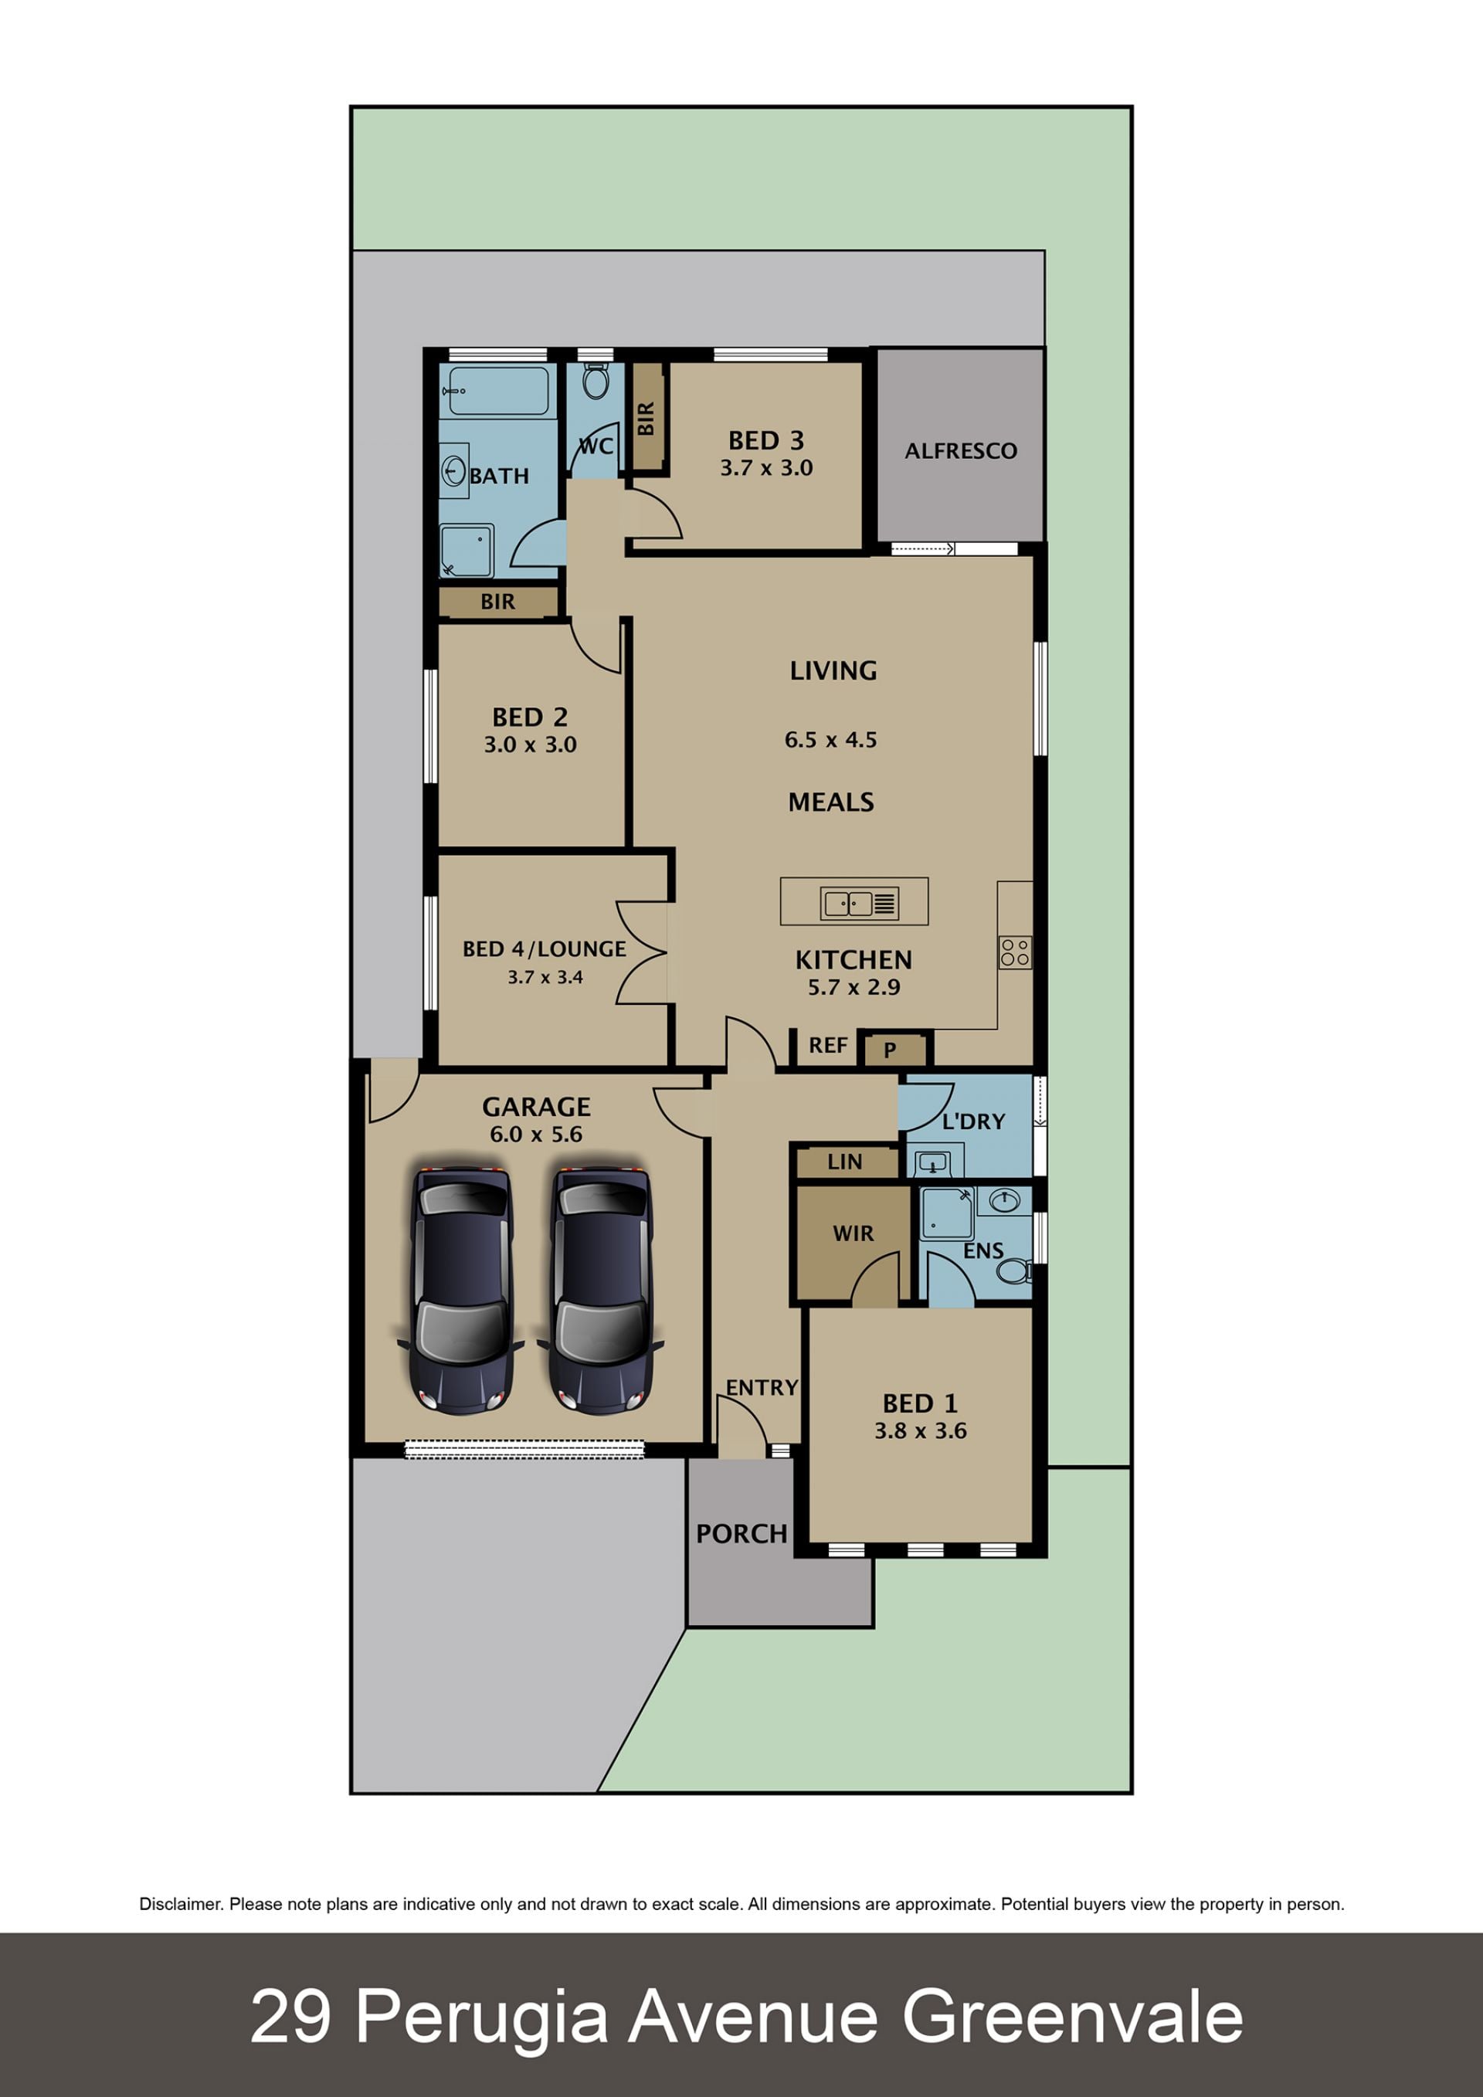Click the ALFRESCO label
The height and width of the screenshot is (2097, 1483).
tap(961, 450)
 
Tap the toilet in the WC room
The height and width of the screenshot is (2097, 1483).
tap(596, 381)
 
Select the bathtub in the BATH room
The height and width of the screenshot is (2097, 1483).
tap(497, 391)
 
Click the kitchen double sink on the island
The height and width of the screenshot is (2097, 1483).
tap(860, 903)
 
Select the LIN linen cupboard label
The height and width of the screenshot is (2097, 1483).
tap(845, 1162)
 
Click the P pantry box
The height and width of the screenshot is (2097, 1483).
tap(891, 1050)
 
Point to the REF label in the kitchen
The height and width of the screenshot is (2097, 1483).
tap(828, 1045)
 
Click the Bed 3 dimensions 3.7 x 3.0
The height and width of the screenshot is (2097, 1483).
tap(766, 467)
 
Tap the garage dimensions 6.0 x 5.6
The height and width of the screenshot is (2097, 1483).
tap(536, 1135)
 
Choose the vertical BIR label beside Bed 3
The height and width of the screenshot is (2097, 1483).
tap(646, 419)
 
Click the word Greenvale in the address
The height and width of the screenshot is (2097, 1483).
tap(1072, 2017)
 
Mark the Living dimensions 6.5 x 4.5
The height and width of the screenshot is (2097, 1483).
tap(831, 740)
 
